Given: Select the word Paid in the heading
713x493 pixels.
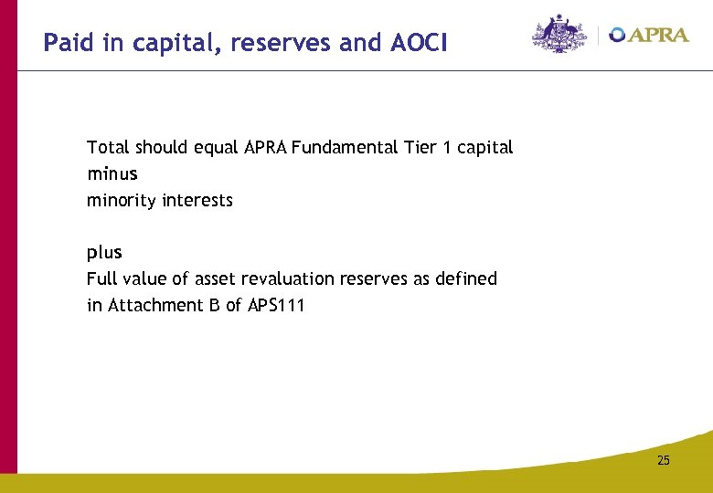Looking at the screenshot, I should click(69, 42).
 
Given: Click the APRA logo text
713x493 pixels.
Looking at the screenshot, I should click(658, 36).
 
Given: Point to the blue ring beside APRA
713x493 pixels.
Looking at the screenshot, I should click(617, 35).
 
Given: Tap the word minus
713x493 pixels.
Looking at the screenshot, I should click(112, 173).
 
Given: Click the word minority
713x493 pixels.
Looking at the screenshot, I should click(122, 200).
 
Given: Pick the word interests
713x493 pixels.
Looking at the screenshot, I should click(197, 200).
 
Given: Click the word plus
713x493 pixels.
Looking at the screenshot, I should click(104, 253).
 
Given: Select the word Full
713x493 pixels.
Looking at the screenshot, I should click(101, 278).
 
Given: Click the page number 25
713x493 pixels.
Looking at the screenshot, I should click(663, 461).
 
